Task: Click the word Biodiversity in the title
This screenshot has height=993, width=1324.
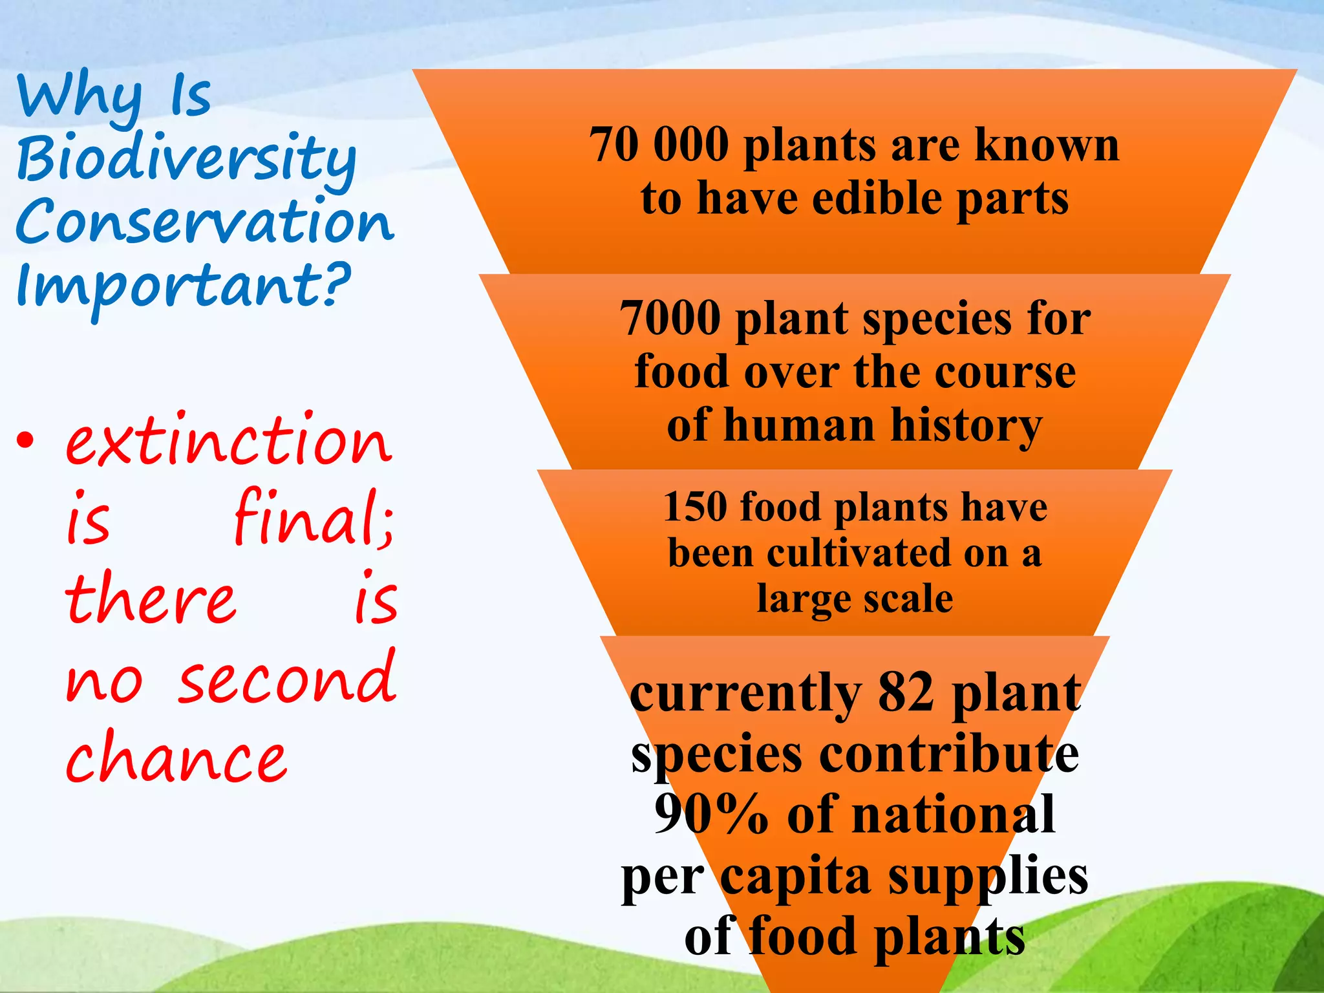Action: (x=186, y=158)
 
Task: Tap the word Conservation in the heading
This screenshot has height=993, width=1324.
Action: (x=204, y=222)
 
